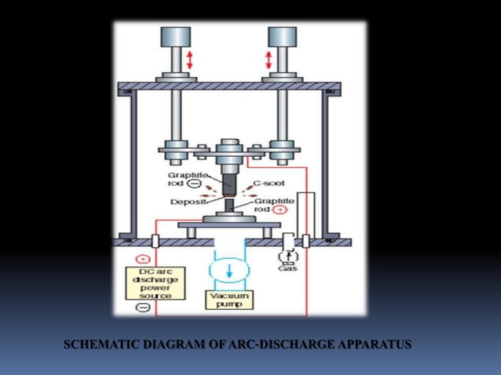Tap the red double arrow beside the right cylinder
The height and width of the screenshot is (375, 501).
(269, 60)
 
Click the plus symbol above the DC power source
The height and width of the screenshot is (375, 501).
(142, 259)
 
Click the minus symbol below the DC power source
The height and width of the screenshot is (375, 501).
(143, 308)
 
